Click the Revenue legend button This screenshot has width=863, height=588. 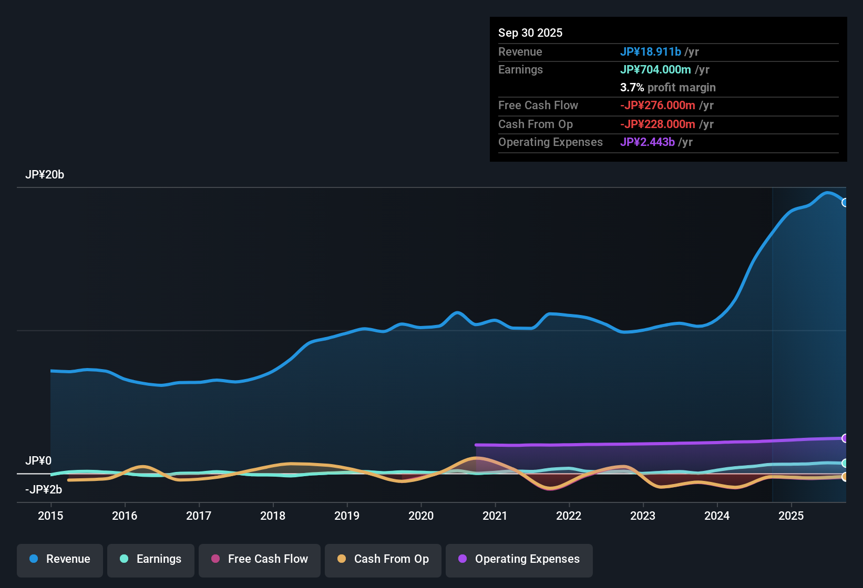click(x=60, y=559)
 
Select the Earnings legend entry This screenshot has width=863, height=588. click(x=151, y=559)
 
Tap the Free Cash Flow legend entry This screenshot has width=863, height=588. click(x=260, y=559)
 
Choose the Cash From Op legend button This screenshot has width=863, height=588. click(x=383, y=559)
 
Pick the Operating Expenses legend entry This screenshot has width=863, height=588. click(x=519, y=559)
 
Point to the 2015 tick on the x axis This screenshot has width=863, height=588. click(x=50, y=516)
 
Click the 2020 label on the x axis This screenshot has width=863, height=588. click(x=421, y=516)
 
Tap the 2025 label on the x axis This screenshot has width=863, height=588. click(x=791, y=516)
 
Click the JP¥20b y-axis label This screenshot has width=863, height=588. click(x=45, y=175)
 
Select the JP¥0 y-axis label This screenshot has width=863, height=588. click(x=38, y=461)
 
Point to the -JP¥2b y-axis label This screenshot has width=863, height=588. click(x=44, y=490)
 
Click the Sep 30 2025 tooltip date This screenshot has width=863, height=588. click(x=530, y=33)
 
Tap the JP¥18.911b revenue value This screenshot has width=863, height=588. click(x=651, y=51)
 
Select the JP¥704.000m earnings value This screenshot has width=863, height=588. click(x=655, y=70)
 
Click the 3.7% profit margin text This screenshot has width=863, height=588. click(x=667, y=88)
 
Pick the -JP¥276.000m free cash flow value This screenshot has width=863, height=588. click(x=657, y=106)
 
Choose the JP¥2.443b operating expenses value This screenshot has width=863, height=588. click(x=647, y=142)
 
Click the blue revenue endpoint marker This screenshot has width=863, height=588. click(x=845, y=203)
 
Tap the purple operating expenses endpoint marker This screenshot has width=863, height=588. click(x=845, y=438)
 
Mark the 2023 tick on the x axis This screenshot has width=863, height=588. click(x=643, y=516)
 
